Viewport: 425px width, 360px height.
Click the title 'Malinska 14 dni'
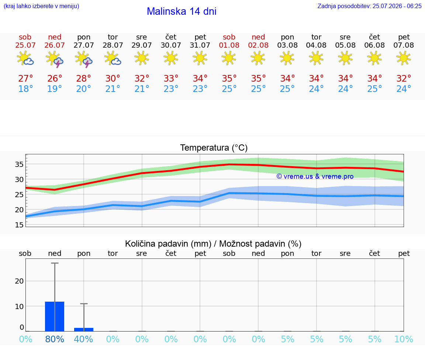click(182, 11)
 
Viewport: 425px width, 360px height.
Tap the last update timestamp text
click(369, 6)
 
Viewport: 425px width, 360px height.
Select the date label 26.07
click(55, 45)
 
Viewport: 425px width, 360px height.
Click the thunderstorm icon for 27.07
click(84, 59)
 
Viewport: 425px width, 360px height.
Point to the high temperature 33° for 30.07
click(171, 79)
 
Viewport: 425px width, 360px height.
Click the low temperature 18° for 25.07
click(25, 89)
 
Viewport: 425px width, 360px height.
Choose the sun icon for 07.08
click(404, 58)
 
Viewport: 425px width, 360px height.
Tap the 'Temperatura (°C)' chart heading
click(214, 148)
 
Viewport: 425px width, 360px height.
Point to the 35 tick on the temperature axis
click(19, 164)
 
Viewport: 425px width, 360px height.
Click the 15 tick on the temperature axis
click(19, 224)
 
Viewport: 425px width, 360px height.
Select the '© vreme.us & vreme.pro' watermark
click(315, 176)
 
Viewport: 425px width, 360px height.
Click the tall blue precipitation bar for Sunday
click(55, 316)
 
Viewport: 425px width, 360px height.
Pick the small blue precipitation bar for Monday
click(84, 330)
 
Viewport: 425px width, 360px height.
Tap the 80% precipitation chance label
click(55, 339)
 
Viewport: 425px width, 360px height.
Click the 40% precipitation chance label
click(83, 339)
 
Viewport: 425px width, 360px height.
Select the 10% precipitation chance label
click(404, 339)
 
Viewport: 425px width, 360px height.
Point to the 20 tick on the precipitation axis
click(19, 281)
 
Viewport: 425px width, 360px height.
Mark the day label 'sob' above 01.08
click(229, 37)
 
